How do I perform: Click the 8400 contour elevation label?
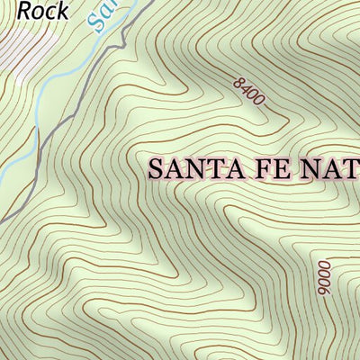click(x=248, y=91)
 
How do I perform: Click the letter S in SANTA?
click(x=155, y=168)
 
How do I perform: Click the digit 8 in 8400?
click(x=238, y=82)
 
